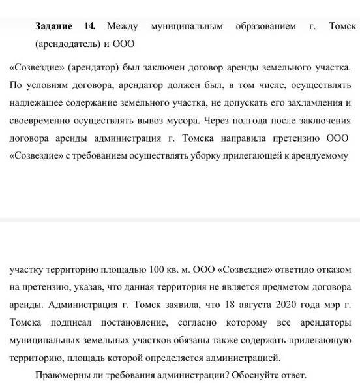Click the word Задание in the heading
(55, 27)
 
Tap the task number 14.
(90, 27)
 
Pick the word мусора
(183, 121)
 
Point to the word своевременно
(41, 121)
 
